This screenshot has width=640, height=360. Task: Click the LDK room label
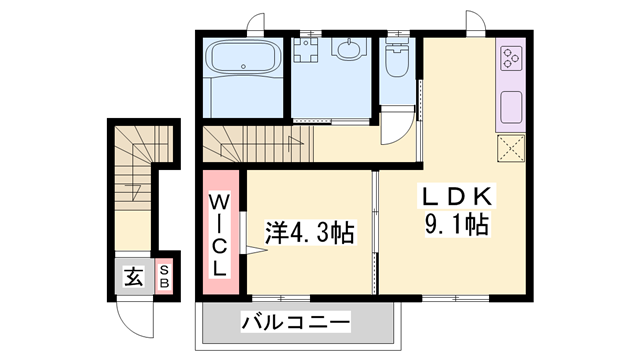[x=457, y=196]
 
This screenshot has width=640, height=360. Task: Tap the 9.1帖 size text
[x=457, y=224]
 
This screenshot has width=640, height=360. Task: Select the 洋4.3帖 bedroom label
[x=310, y=233]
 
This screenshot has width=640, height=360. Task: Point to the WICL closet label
[x=220, y=235]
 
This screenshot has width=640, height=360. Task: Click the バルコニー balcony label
[x=296, y=322]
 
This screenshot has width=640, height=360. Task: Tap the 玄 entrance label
[x=133, y=277]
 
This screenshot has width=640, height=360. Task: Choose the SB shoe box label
[x=164, y=277]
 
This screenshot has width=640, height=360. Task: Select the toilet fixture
[x=397, y=58]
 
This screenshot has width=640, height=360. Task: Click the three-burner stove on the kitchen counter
[x=511, y=58]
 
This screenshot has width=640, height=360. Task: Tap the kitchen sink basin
[x=511, y=107]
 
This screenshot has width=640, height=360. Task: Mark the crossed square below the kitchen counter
[x=511, y=148]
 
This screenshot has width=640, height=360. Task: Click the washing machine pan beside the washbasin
[x=305, y=50]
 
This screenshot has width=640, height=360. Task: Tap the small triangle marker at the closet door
[x=256, y=250]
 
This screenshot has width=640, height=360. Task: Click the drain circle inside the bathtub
[x=243, y=66]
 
